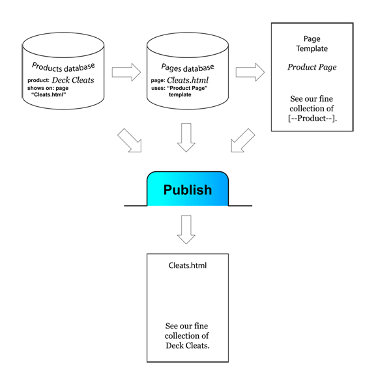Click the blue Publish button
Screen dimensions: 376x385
(188, 189)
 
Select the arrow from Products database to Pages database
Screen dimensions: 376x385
(126, 72)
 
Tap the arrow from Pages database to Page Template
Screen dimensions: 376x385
(250, 72)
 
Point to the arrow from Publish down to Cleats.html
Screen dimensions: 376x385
(186, 229)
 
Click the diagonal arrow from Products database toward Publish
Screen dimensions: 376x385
(130, 141)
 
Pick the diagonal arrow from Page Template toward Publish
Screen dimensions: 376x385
(242, 141)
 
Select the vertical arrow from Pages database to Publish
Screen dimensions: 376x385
(186, 137)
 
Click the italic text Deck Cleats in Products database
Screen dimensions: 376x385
(73, 80)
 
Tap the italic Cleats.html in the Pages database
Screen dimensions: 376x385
(188, 80)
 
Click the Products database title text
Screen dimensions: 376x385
(63, 67)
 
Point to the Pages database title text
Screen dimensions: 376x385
(188, 67)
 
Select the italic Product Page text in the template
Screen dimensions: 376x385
(312, 67)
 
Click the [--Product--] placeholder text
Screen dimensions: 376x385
(312, 119)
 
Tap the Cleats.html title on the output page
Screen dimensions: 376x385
(188, 265)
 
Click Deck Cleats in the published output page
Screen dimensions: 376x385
(188, 346)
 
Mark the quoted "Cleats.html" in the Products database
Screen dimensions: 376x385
(49, 94)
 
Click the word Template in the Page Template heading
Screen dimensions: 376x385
(312, 49)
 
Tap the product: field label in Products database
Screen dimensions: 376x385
(38, 80)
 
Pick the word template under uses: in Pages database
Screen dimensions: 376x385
(180, 94)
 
